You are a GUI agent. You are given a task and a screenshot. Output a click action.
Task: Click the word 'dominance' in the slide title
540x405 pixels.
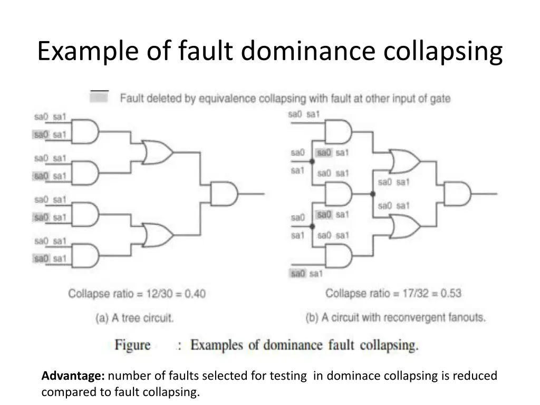[x=308, y=51]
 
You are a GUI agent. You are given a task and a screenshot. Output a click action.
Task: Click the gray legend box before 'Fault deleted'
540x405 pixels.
[x=99, y=97]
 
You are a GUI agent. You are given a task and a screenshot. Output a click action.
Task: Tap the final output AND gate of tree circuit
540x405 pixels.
[x=224, y=194]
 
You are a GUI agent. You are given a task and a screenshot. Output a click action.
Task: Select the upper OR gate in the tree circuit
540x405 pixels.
[x=158, y=152]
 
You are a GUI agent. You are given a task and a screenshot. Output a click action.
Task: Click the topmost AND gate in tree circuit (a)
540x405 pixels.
[x=85, y=131]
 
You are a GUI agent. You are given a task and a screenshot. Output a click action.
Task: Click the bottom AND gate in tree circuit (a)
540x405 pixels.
[x=85, y=256]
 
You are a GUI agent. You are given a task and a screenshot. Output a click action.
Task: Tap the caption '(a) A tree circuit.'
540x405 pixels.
[x=134, y=317]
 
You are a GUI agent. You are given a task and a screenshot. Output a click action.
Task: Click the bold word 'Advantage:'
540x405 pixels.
[x=73, y=375]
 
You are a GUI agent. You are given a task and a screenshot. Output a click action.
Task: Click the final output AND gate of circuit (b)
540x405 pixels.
[x=457, y=194]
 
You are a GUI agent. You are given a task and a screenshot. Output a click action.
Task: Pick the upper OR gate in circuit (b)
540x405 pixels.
[x=404, y=161]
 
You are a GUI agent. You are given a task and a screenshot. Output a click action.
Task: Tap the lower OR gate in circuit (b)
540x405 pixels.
[x=404, y=226]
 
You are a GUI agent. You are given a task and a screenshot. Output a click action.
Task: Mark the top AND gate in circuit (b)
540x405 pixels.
[x=338, y=131]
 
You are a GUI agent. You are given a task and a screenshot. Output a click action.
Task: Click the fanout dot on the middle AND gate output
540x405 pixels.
[x=373, y=194]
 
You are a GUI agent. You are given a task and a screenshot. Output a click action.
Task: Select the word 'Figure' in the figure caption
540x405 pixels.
[x=132, y=345]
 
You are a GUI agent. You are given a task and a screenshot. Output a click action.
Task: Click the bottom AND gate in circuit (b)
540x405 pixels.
[x=339, y=256]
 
